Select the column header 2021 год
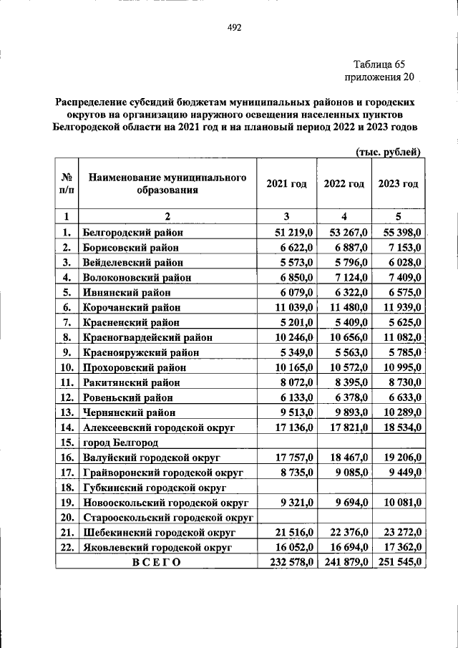tap(286, 184)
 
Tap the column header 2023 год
tap(398, 184)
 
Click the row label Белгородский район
tap(132, 232)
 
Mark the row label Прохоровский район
tap(134, 367)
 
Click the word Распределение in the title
tap(92, 103)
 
